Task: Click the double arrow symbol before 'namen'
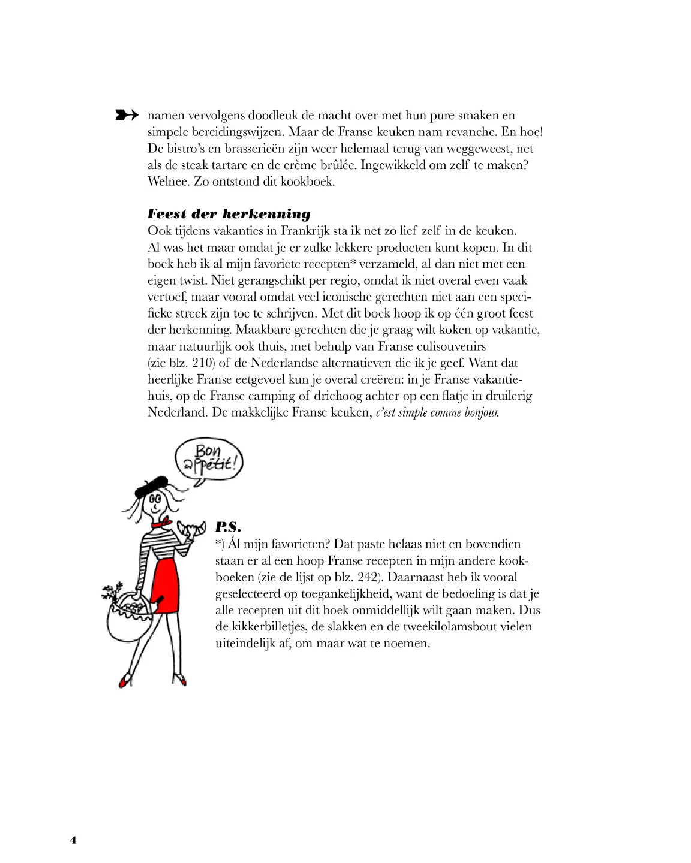pos(127,115)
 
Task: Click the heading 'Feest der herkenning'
pos(229,214)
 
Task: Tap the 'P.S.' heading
pos(228,527)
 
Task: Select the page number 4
pos(73,840)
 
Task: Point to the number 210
pos(203,363)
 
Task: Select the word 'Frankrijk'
pos(305,231)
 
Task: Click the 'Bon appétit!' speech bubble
pos(209,459)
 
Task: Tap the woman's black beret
pos(152,485)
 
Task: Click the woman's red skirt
pos(165,584)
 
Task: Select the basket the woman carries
pos(128,617)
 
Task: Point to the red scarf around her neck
pos(161,523)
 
